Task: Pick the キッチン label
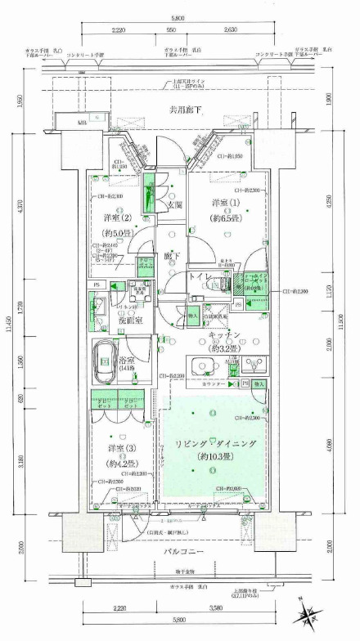[x=223, y=335]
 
